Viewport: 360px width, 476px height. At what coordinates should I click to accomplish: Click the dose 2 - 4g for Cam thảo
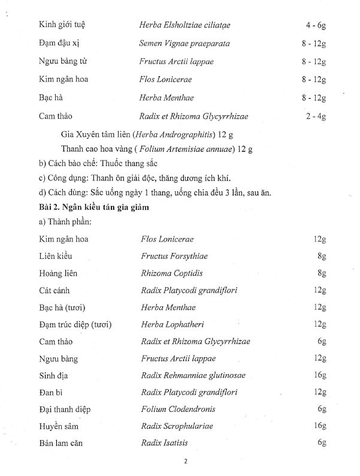tap(315, 116)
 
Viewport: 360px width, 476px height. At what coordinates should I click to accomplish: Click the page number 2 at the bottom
tap(186, 461)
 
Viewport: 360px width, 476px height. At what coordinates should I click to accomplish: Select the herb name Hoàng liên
tap(58, 273)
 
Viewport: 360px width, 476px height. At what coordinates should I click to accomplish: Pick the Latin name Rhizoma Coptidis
tap(168, 273)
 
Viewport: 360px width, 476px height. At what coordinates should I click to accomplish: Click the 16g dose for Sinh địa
tap(319, 375)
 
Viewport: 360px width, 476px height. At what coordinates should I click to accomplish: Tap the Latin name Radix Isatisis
tap(165, 443)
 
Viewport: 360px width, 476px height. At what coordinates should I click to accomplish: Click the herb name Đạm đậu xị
tap(59, 43)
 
